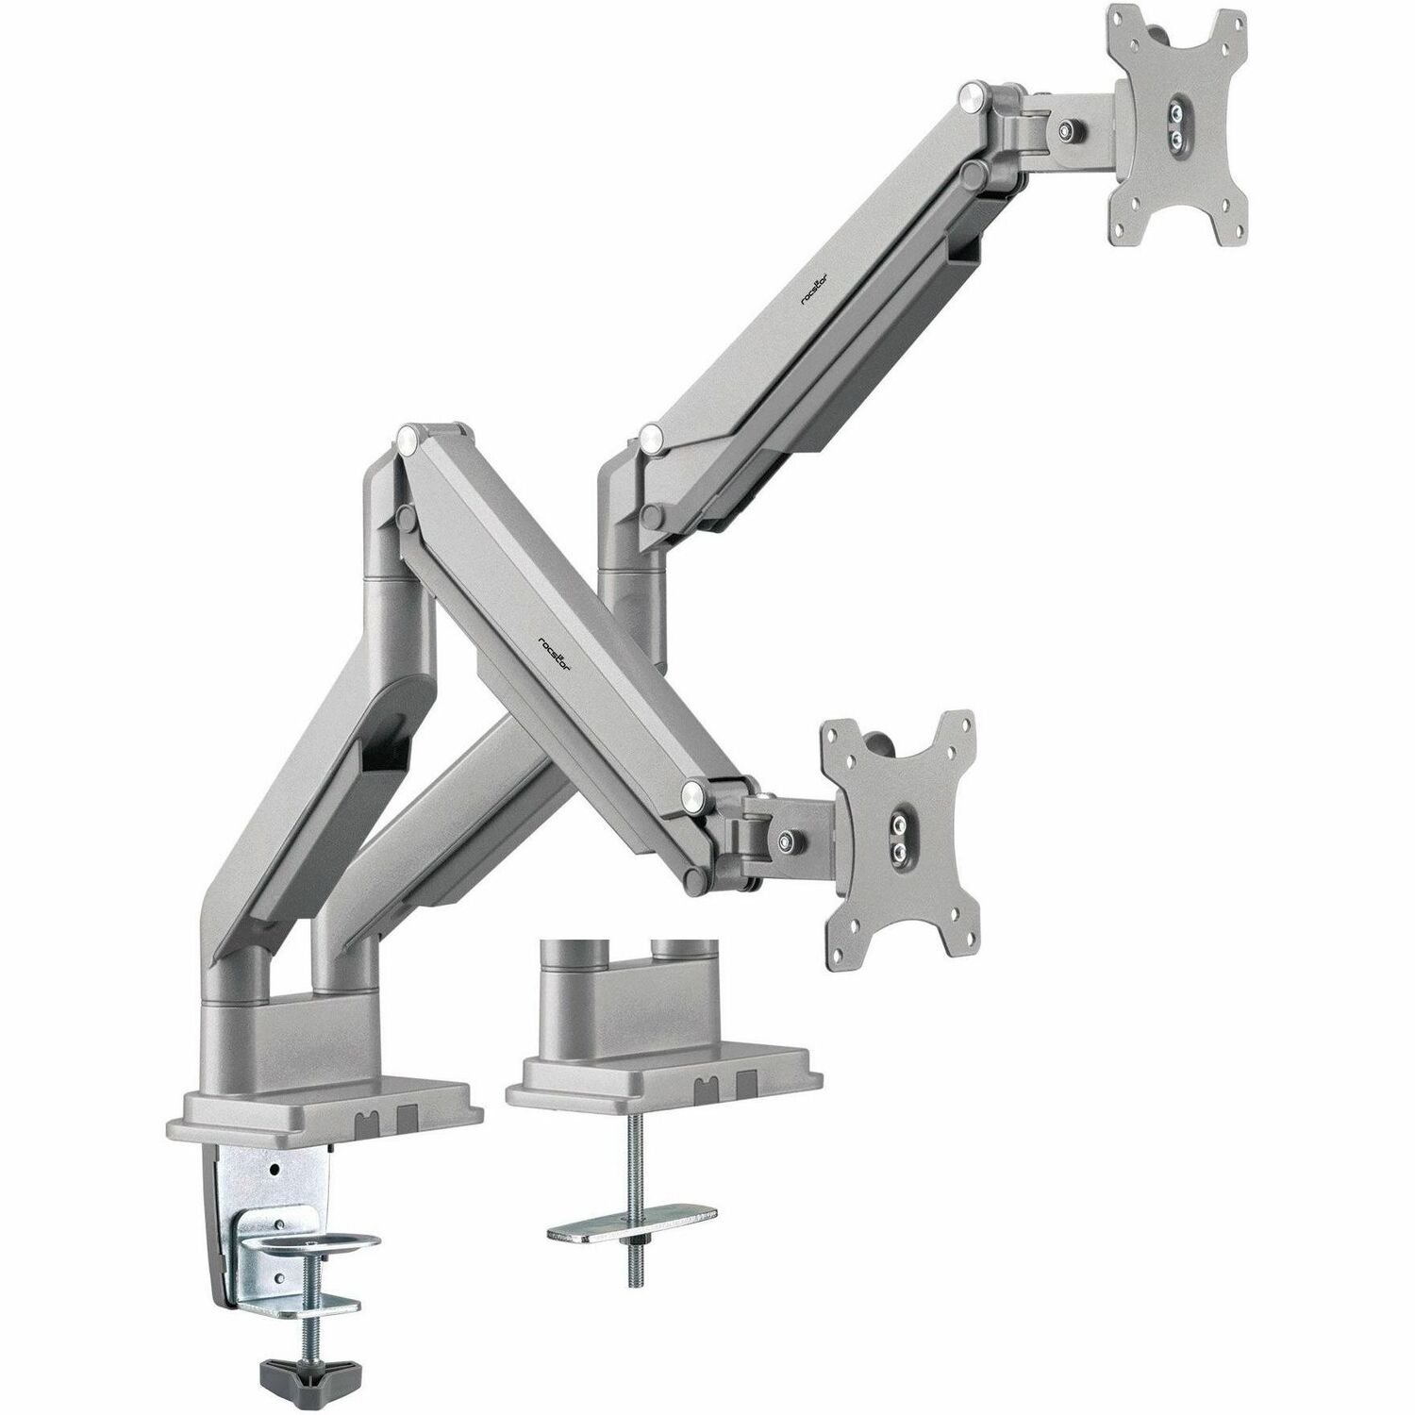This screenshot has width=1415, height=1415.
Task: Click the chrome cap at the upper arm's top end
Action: click(x=969, y=95)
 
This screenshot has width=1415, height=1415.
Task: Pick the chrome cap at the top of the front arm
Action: click(x=408, y=437)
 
